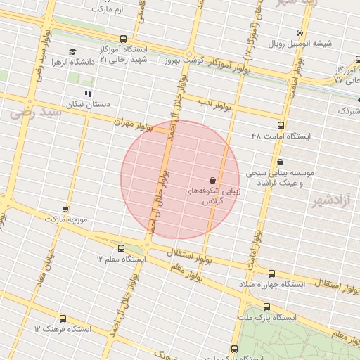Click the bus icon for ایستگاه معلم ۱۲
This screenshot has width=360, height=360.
(121, 248)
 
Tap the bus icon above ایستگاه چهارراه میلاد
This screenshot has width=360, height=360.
(271, 274)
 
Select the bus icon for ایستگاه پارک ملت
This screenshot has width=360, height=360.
(266, 307)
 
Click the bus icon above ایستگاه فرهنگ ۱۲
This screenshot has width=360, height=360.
(63, 319)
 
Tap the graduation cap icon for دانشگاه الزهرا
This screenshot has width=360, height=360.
(72, 52)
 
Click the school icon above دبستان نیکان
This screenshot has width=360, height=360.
(88, 94)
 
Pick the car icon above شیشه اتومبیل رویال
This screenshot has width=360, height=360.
(300, 33)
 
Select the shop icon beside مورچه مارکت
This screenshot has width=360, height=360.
(65, 210)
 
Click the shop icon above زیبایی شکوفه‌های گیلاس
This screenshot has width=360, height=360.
(212, 180)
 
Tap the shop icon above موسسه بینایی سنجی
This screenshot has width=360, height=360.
(280, 162)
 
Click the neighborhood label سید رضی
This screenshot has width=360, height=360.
(27, 112)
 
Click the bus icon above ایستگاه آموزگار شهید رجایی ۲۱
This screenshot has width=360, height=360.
(124, 39)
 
